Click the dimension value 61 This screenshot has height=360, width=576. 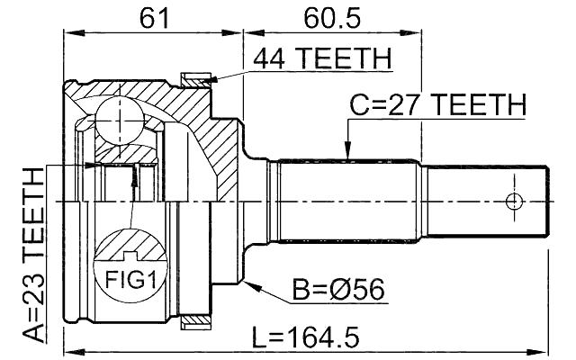tap(153, 17)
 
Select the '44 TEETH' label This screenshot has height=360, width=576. tap(322, 58)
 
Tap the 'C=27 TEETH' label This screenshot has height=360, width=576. tap(437, 106)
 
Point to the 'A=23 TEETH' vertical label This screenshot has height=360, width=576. tap(32, 257)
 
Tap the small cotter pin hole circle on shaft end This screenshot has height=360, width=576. tap(515, 201)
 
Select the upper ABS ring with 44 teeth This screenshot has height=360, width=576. tap(193, 80)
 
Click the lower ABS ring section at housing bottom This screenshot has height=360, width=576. tap(193, 320)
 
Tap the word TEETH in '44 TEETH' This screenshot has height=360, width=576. tap(346, 58)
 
